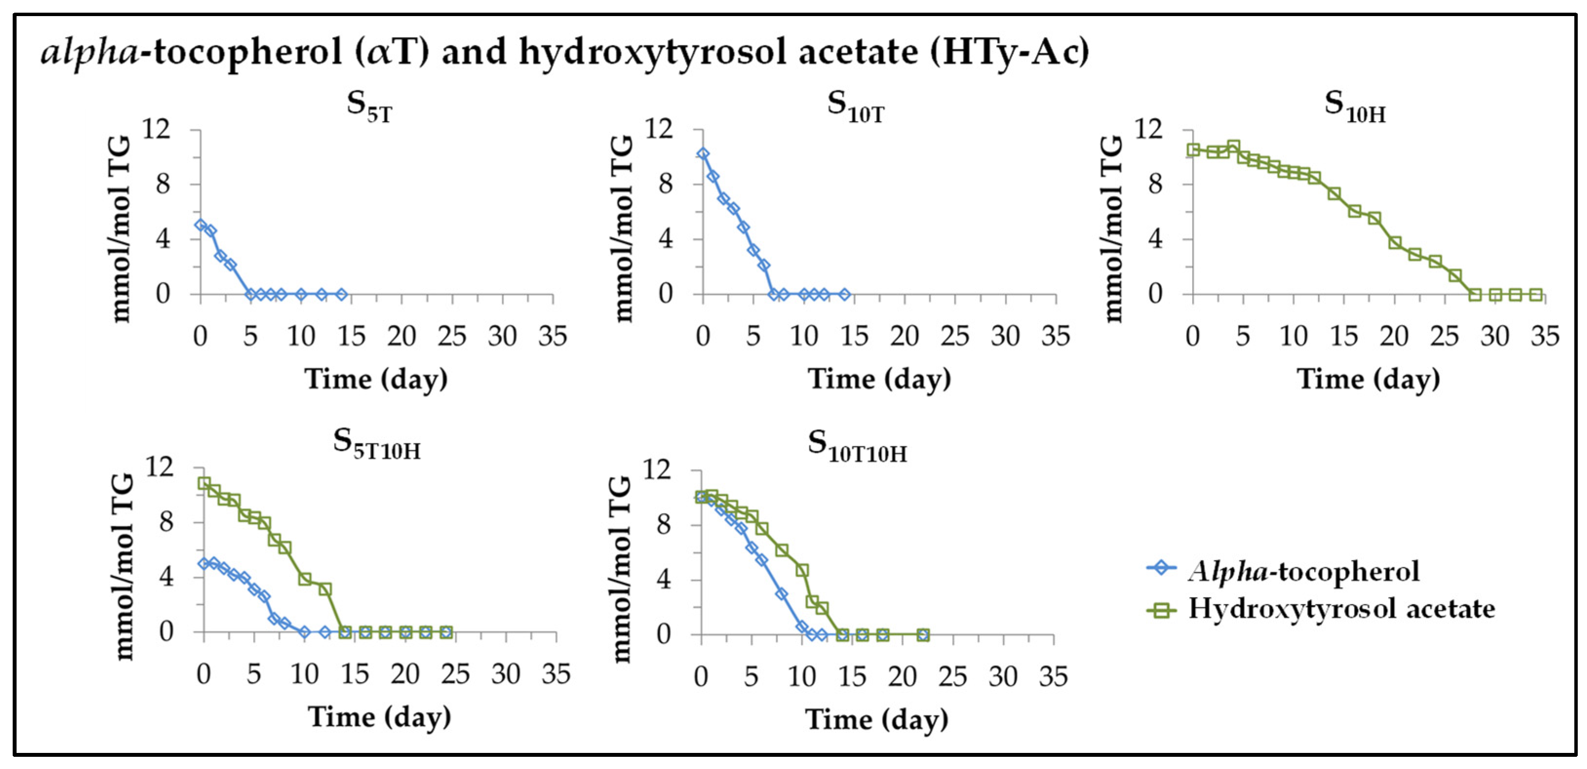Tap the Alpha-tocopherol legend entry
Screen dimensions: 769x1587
(x=1303, y=571)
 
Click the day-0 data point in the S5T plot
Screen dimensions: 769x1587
(x=200, y=225)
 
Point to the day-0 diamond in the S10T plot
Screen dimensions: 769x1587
(x=703, y=154)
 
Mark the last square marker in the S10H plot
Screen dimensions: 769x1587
(x=1536, y=295)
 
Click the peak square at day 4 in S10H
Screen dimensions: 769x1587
(x=1233, y=147)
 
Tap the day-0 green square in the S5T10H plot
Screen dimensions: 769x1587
(x=204, y=483)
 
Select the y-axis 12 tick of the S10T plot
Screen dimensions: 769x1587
(x=659, y=129)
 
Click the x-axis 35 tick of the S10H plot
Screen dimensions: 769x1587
(x=1545, y=336)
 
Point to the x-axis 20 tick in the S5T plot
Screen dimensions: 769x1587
(x=402, y=336)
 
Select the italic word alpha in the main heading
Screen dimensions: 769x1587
(x=90, y=52)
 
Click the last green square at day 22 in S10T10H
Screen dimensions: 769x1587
(x=922, y=635)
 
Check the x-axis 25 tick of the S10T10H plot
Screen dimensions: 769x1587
(x=952, y=676)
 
